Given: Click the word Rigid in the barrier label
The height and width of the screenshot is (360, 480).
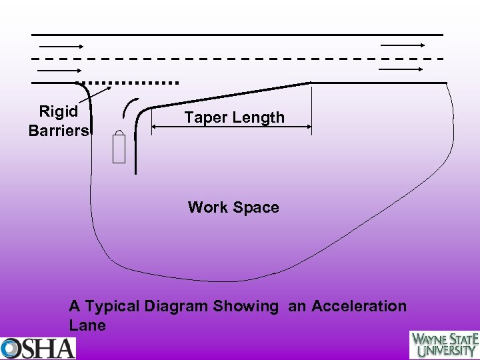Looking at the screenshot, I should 58,111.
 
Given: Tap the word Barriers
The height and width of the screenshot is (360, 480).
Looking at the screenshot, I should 58,130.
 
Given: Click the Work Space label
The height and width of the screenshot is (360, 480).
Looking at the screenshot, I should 233,207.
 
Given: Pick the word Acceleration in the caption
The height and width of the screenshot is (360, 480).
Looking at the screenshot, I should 359,306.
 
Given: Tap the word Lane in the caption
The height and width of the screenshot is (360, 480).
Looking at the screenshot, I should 87,325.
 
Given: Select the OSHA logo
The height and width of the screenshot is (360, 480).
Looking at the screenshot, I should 38,348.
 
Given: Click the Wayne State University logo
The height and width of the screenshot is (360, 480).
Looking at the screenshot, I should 444,345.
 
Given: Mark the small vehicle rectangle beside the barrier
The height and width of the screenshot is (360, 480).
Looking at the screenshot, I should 119,147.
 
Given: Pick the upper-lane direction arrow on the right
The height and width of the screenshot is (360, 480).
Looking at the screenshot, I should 403,45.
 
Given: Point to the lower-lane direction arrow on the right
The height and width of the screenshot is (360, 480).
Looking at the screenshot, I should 403,68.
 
